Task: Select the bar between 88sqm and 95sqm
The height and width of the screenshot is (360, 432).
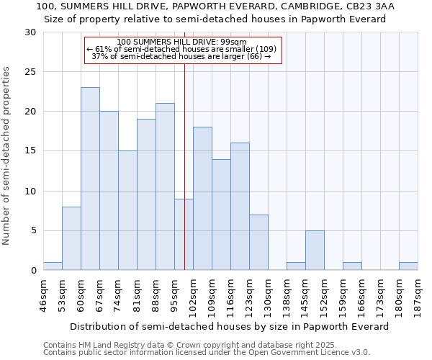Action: (165, 186)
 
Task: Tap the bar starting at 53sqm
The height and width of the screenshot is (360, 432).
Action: (71, 238)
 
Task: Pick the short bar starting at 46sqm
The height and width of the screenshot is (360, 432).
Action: (53, 266)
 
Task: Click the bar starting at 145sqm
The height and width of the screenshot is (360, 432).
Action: (315, 250)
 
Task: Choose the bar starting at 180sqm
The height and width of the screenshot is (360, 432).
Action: (408, 266)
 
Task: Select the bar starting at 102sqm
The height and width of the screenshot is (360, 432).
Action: (202, 199)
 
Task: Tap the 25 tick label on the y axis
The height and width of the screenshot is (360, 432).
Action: (30, 72)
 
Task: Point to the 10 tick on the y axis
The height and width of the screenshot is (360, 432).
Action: (30, 191)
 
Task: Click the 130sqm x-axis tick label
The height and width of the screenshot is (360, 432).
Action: (268, 294)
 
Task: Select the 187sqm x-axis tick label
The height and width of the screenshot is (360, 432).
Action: (418, 294)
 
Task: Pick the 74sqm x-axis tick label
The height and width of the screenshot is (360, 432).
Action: (118, 294)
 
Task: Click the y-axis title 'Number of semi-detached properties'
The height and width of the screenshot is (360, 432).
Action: (7, 155)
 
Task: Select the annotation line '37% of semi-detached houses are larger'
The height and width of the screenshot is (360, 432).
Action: (182, 56)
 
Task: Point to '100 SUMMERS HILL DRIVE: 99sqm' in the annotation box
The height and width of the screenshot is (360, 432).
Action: (181, 42)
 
